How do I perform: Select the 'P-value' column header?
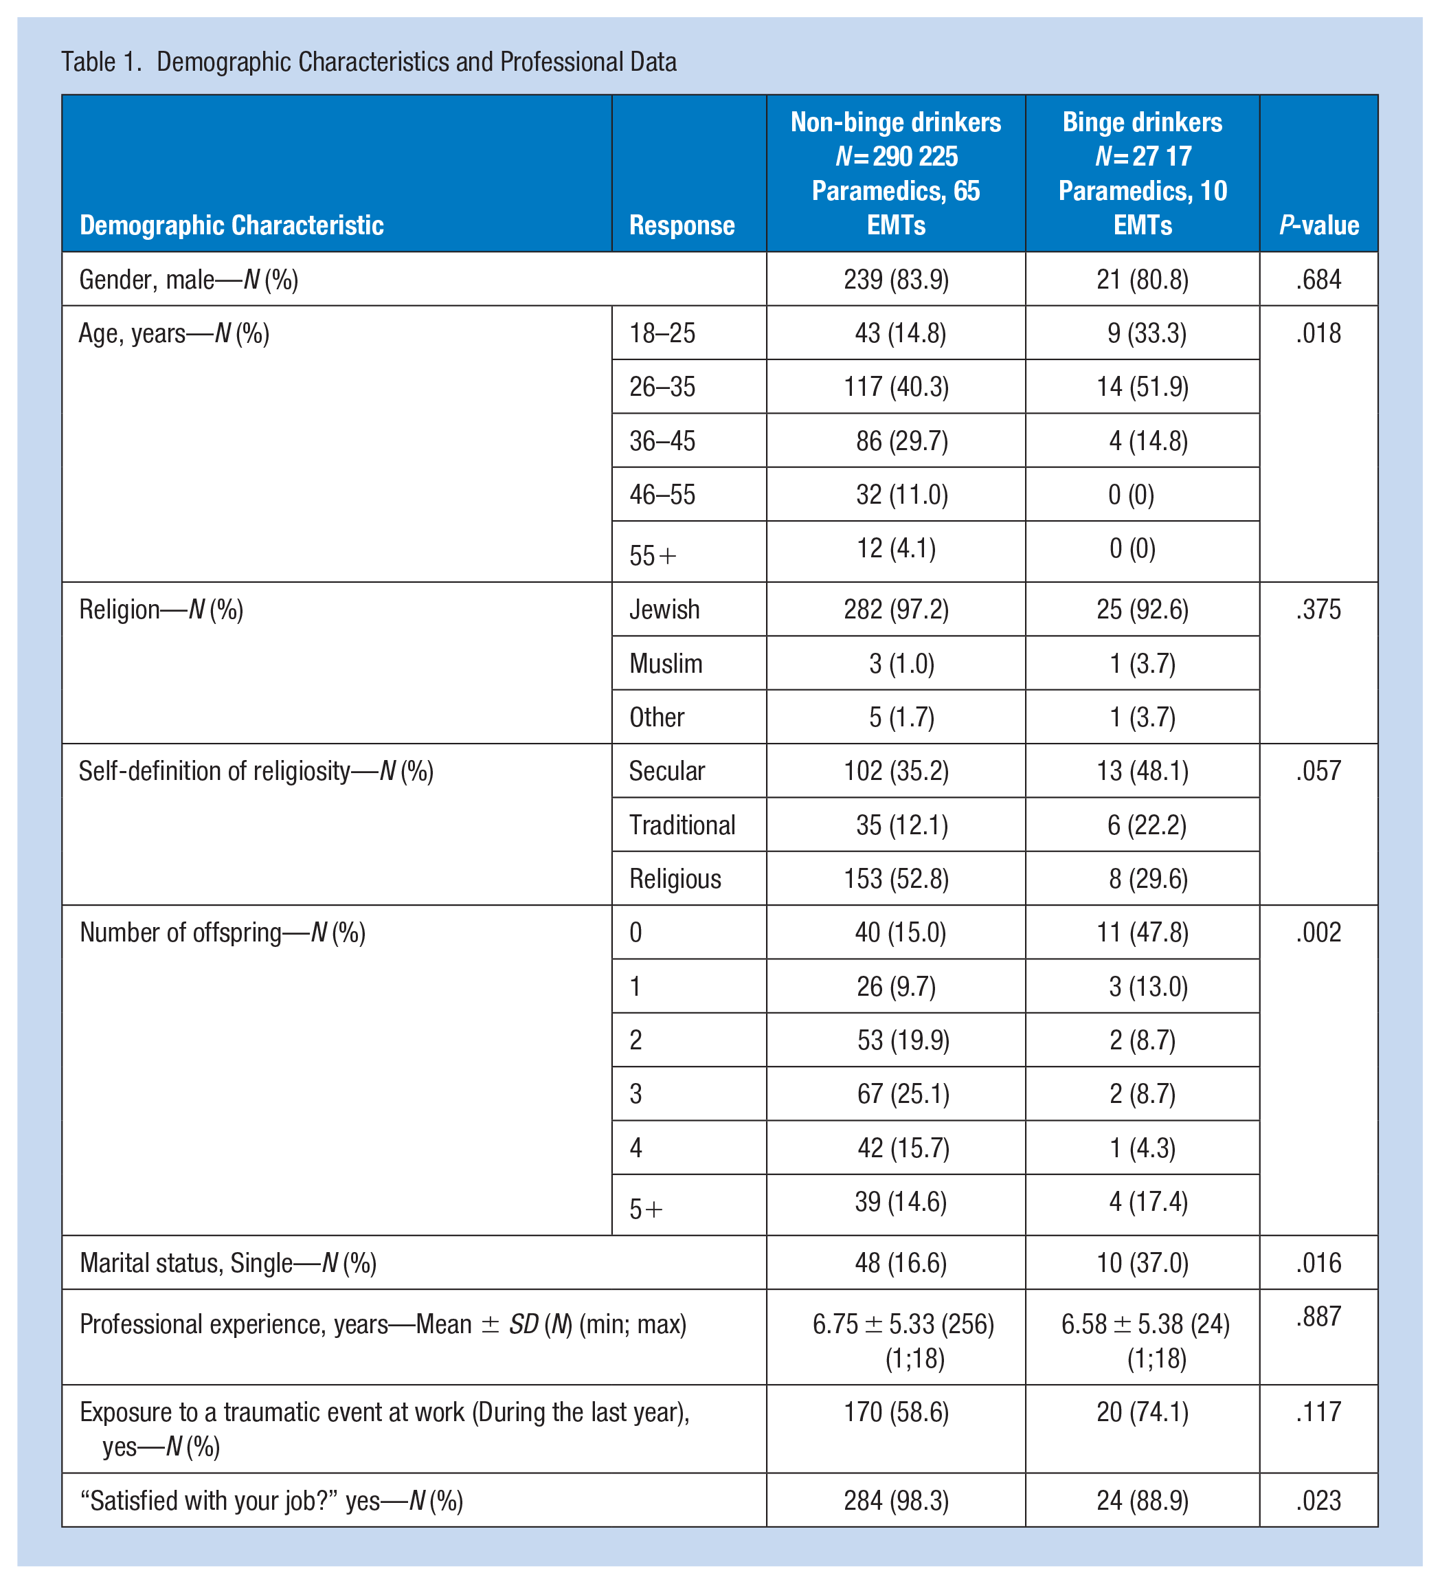point(1319,225)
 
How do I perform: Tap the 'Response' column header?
point(682,225)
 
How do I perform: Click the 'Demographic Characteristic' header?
point(232,225)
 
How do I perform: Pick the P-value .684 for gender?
point(1319,280)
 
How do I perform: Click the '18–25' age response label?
point(662,333)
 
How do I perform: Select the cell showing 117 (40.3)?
point(902,388)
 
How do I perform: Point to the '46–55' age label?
point(662,495)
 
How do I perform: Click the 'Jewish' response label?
point(664,610)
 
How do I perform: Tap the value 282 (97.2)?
point(897,610)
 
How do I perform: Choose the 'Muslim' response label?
point(666,664)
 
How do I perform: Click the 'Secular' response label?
point(667,772)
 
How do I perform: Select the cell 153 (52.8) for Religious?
point(897,879)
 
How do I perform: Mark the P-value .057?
point(1319,772)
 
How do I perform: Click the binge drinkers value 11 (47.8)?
point(1143,933)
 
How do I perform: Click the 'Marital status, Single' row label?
point(229,1262)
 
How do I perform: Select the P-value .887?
point(1319,1317)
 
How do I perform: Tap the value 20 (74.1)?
point(1143,1413)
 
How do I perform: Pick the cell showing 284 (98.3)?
point(897,1501)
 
